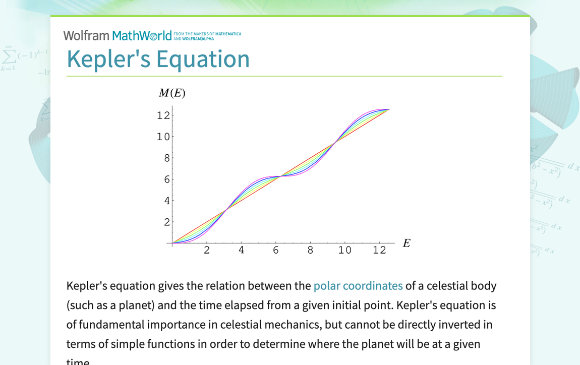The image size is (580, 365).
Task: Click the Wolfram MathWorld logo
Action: tap(118, 36)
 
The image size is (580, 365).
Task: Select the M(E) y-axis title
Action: tap(172, 93)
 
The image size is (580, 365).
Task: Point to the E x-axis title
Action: tap(407, 244)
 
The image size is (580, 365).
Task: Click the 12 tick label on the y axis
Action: tap(163, 115)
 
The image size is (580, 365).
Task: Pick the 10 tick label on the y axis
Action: tap(163, 137)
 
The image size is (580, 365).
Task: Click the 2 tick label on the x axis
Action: tap(207, 251)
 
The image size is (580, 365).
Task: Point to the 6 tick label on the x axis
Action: tap(276, 251)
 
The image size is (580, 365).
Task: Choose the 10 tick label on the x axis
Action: tap(345, 251)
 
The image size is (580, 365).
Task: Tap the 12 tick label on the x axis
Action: tap(379, 251)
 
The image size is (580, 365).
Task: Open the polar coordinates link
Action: tap(358, 286)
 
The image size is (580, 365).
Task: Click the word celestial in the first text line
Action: tap(446, 286)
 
